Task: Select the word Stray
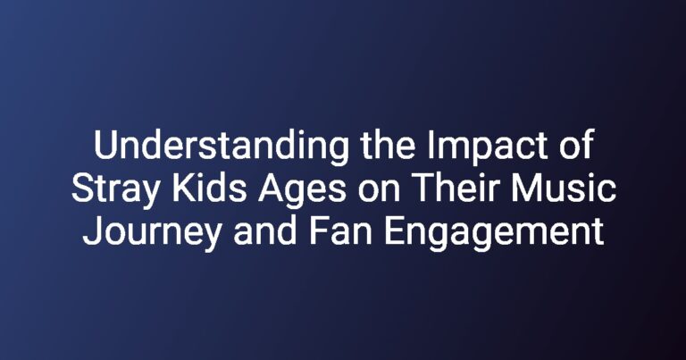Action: click(115, 190)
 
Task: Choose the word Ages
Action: click(302, 190)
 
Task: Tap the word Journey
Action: click(152, 233)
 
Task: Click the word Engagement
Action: click(494, 233)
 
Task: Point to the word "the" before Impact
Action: click(388, 145)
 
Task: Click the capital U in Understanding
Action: click(105, 146)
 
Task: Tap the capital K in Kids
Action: click(183, 188)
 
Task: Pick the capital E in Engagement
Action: click(395, 230)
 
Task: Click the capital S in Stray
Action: click(83, 188)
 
